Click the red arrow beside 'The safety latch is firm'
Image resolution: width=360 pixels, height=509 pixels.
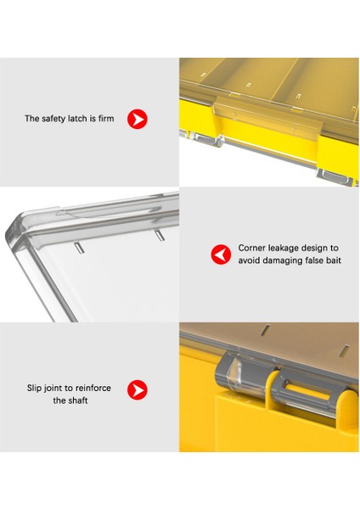(137, 119)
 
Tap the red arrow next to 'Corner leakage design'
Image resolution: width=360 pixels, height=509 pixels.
(221, 255)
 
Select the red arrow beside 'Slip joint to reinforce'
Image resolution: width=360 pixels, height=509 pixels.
(137, 390)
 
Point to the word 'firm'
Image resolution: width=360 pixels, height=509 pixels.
(106, 118)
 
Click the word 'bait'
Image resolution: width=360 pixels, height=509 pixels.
(334, 260)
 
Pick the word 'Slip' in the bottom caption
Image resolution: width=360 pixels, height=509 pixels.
(34, 388)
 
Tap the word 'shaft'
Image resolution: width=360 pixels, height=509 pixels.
(78, 400)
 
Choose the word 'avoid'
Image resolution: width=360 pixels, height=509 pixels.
(249, 260)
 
